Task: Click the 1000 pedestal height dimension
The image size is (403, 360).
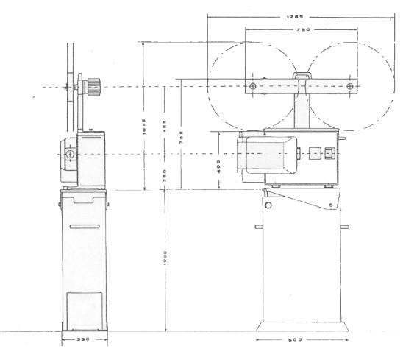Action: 166,258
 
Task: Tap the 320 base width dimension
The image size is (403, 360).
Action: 83,340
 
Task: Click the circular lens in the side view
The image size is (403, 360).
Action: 69,155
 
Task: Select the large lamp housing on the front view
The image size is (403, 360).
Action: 265,156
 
